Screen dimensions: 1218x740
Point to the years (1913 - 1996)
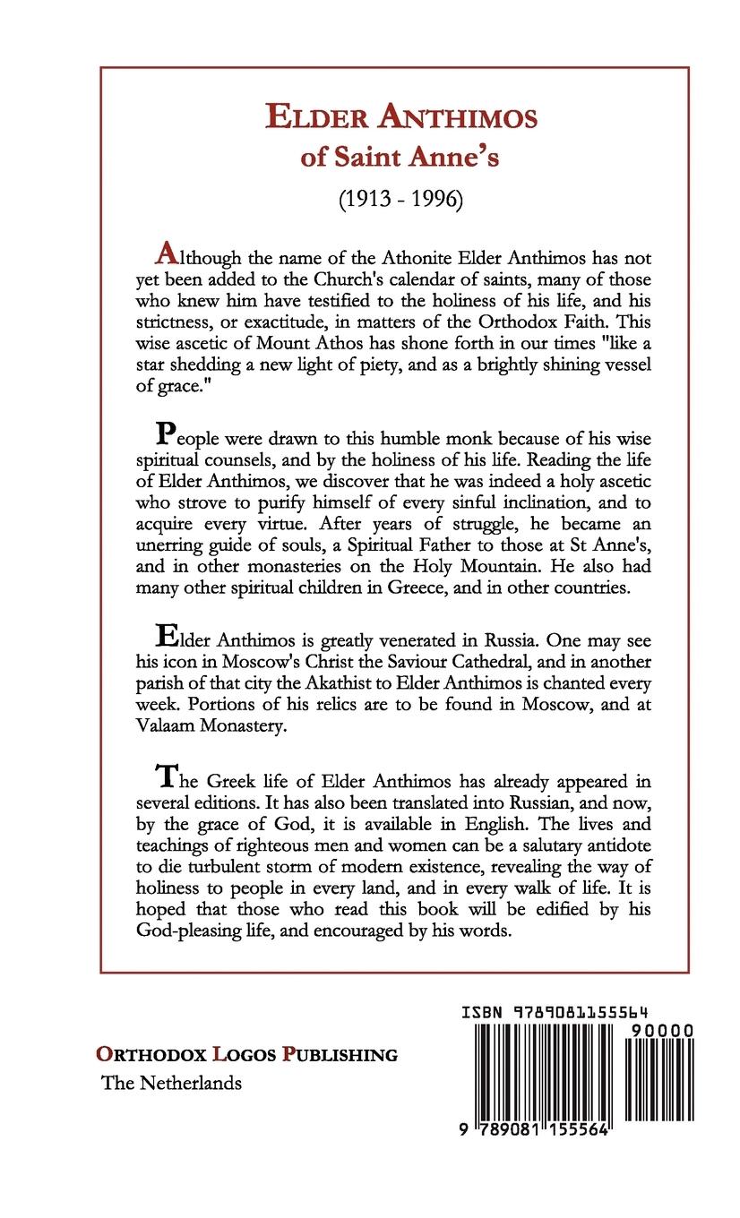coord(400,200)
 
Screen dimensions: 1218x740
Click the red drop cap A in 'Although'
coord(164,253)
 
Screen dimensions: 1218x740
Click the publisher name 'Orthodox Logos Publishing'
coord(247,1054)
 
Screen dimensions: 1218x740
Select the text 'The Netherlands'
coord(172,1082)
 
